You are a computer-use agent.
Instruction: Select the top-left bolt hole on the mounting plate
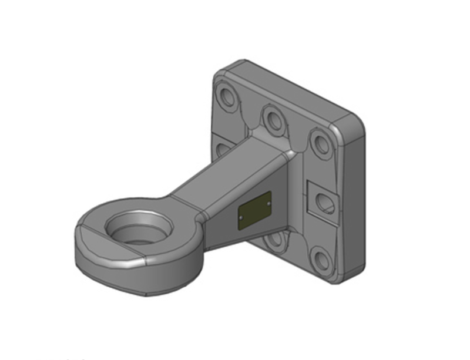pos(226,96)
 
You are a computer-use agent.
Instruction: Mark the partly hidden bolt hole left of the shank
pos(223,149)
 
